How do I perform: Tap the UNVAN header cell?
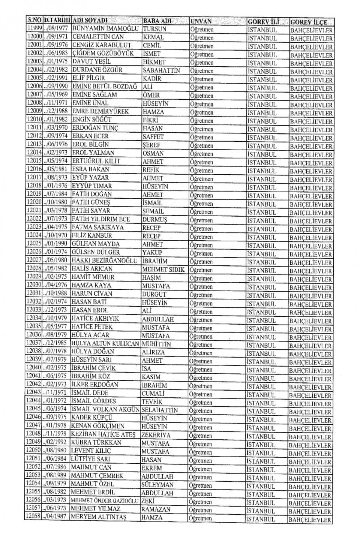click(201, 21)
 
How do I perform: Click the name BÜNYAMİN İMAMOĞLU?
click(106, 28)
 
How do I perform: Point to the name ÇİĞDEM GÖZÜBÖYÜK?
click(103, 53)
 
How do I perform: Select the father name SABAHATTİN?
click(161, 70)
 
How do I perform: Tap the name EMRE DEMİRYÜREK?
click(100, 111)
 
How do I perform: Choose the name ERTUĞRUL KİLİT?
click(96, 161)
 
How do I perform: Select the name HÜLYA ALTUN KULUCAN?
click(105, 344)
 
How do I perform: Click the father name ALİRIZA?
click(153, 352)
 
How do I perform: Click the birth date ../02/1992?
click(56, 442)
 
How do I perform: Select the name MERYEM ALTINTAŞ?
click(99, 518)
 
